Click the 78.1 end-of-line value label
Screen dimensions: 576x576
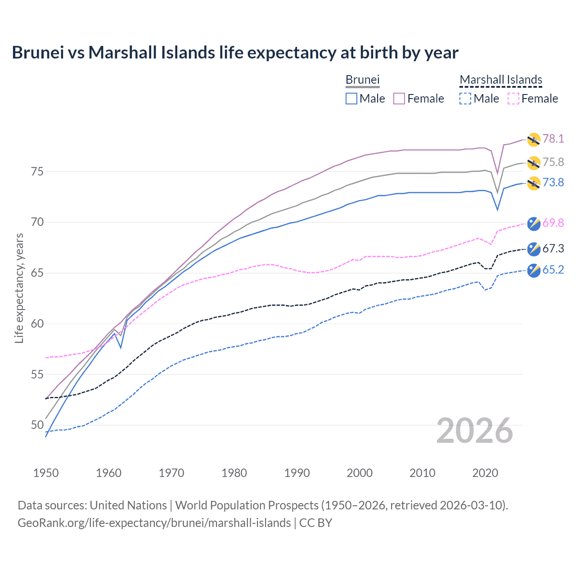point(553,139)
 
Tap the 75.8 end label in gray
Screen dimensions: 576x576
point(553,162)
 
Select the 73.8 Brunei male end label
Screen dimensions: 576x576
point(553,182)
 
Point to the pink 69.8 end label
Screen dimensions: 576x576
point(553,223)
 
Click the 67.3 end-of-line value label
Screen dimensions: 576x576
point(553,248)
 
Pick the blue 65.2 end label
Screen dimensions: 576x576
point(553,270)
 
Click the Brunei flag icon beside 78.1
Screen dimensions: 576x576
point(534,140)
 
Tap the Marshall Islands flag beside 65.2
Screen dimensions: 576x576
point(534,270)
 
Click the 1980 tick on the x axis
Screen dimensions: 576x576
point(234,473)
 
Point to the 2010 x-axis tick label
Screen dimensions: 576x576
point(422,473)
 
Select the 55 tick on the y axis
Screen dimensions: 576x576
point(38,374)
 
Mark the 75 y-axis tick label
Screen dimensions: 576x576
point(38,171)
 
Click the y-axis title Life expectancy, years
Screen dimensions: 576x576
point(19,288)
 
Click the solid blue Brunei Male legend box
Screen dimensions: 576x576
point(351,99)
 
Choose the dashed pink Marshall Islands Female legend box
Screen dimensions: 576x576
point(513,99)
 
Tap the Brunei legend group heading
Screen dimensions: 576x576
point(363,80)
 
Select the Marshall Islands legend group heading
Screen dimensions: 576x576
point(501,80)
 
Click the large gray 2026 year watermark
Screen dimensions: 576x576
point(475,431)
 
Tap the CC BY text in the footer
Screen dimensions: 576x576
point(315,523)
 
